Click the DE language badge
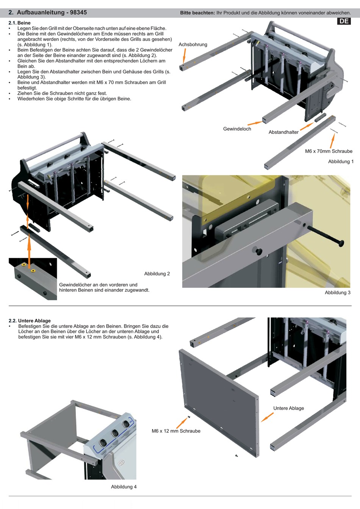coord(344,21)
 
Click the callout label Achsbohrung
coord(193,44)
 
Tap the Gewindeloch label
coord(237,129)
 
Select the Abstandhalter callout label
coord(283,132)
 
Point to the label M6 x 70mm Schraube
coord(329,151)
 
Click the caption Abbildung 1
coord(341,161)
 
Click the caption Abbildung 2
coord(157,273)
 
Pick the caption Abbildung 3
coord(337,292)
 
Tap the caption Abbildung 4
coord(124,487)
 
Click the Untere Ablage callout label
coord(288,408)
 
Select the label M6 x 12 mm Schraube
coord(176,431)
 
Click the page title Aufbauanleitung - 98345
coord(52,12)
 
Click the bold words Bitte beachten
coord(197,13)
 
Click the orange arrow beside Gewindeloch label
coord(255,123)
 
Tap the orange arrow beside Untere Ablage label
coord(268,417)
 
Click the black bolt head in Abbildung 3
coord(341,243)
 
